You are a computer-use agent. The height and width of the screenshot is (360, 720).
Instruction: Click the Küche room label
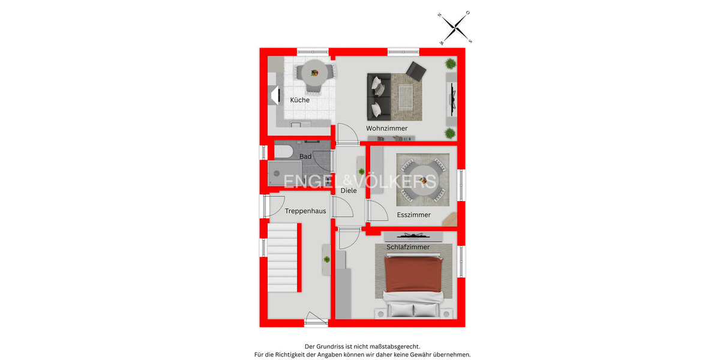point(300,100)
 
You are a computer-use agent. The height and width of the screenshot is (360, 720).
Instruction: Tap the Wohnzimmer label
point(387,128)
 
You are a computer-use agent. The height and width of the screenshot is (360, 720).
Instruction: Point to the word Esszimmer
point(413,215)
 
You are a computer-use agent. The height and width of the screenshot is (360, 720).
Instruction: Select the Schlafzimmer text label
point(408,247)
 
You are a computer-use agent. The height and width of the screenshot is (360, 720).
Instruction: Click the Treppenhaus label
point(305,211)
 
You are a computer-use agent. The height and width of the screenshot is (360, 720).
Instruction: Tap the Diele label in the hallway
point(349,191)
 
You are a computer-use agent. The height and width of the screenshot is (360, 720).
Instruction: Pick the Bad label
point(305,157)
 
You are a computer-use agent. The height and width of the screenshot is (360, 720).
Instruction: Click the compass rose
point(456,28)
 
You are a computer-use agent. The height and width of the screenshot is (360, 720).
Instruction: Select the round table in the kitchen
point(314,73)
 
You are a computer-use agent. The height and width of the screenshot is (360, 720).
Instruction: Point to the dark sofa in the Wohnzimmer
point(379,96)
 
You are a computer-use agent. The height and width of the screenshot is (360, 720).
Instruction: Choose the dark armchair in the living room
point(415,71)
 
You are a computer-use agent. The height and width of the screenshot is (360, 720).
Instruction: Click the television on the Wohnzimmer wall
point(454,98)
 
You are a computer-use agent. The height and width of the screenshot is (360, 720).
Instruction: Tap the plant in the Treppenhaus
point(327,259)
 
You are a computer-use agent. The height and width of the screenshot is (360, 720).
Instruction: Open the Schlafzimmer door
point(347,239)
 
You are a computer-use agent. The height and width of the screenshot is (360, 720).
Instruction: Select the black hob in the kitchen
point(276,95)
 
